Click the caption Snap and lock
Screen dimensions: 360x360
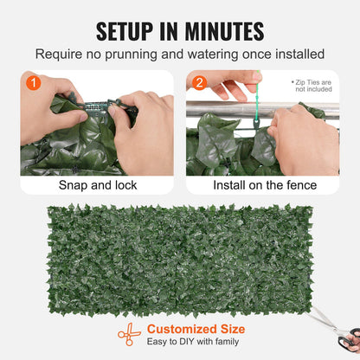click(x=96, y=185)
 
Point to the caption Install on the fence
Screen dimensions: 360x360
click(x=262, y=185)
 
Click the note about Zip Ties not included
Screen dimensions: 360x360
click(x=313, y=86)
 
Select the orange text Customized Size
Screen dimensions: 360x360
click(x=196, y=329)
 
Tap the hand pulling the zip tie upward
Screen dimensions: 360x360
click(x=236, y=87)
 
